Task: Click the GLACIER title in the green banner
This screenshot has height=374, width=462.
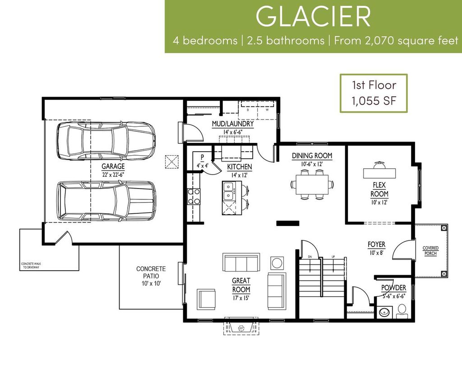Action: pyautogui.click(x=313, y=17)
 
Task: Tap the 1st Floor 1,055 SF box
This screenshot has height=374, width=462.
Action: pyautogui.click(x=374, y=92)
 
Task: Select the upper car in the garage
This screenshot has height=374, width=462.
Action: pyautogui.click(x=106, y=140)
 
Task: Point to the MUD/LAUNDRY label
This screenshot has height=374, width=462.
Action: pyautogui.click(x=232, y=124)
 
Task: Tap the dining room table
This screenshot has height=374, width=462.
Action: pyautogui.click(x=312, y=185)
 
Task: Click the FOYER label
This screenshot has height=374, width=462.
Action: pyautogui.click(x=376, y=245)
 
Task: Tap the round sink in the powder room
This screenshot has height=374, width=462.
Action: pyautogui.click(x=385, y=312)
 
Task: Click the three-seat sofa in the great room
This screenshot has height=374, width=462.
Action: pyautogui.click(x=241, y=262)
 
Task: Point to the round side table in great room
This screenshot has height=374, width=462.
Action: pyautogui.click(x=277, y=263)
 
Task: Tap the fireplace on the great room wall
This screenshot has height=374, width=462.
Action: pyautogui.click(x=241, y=326)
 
